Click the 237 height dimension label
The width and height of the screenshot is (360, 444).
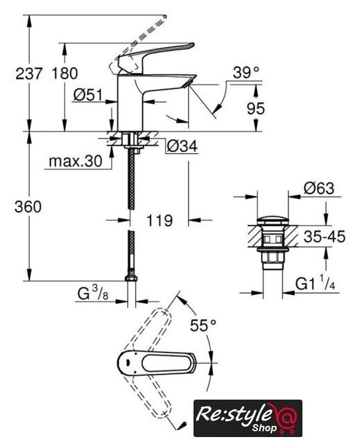(x=29, y=74)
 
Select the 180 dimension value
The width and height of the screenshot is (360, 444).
(x=65, y=74)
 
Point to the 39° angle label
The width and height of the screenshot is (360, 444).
(x=246, y=73)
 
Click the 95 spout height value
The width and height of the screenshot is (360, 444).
(x=256, y=108)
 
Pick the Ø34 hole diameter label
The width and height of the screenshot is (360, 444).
(x=182, y=146)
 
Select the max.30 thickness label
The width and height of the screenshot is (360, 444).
(x=76, y=162)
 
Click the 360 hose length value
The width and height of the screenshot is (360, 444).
(x=28, y=207)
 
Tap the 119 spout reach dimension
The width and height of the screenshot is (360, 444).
(x=160, y=221)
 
